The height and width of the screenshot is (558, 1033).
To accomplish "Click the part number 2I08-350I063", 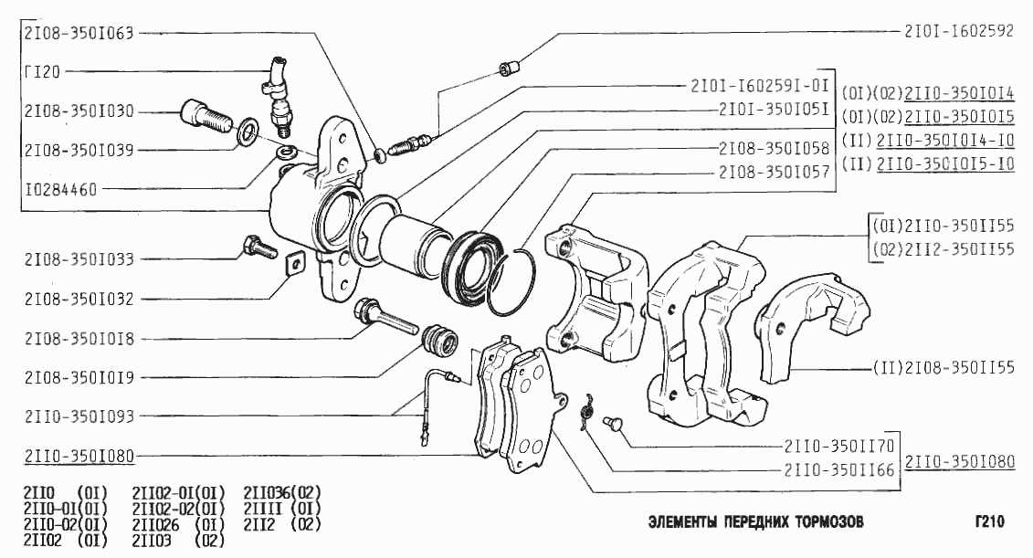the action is [x=79, y=33].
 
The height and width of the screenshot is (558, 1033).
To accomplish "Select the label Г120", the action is [x=42, y=71].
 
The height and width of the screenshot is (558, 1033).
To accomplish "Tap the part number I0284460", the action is [x=60, y=190].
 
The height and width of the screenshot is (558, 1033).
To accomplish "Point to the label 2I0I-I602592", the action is [x=958, y=31].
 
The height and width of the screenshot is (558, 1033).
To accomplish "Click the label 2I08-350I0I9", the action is [x=79, y=377].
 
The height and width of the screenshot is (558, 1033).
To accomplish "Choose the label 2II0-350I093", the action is [x=79, y=416].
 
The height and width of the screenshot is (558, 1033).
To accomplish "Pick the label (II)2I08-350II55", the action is [x=943, y=367].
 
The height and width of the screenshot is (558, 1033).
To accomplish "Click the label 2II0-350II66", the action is [x=839, y=469].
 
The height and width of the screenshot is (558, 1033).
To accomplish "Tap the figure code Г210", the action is [x=989, y=521].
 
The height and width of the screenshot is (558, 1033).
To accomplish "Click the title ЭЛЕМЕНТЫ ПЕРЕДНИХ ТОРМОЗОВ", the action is [x=755, y=522].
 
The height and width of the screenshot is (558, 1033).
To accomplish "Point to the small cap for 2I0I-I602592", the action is [x=509, y=68].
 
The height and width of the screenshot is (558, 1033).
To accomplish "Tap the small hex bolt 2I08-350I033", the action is [x=260, y=247].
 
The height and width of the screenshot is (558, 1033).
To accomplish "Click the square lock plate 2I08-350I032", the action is [x=294, y=264].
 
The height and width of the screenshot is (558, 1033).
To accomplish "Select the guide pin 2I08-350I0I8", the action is [x=385, y=317].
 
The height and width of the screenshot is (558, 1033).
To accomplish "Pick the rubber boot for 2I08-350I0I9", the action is [x=438, y=340].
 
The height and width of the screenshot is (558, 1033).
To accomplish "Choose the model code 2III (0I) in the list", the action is [x=282, y=509].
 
